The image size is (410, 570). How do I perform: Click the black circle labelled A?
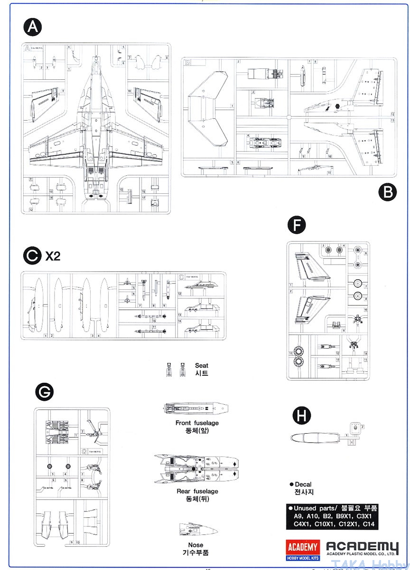[x=32, y=27]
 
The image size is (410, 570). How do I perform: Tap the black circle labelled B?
[x=388, y=192]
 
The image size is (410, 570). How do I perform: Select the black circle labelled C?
[x=32, y=256]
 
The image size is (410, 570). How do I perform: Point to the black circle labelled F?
[x=297, y=226]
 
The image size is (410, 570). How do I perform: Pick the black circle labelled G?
[x=45, y=392]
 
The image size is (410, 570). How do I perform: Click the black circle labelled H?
[x=301, y=416]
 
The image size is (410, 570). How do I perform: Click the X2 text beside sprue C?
[x=53, y=256]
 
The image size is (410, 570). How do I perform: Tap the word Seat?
[x=201, y=365]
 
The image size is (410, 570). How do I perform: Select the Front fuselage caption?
[x=197, y=423]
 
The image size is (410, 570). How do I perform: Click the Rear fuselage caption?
[x=197, y=491]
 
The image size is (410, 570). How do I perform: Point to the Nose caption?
[x=196, y=545]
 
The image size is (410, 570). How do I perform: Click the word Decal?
[x=303, y=484]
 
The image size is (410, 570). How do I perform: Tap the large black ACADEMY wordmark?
[x=363, y=547]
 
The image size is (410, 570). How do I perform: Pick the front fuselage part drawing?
[x=196, y=408]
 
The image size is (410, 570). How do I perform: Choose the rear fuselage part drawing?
[x=196, y=469]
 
